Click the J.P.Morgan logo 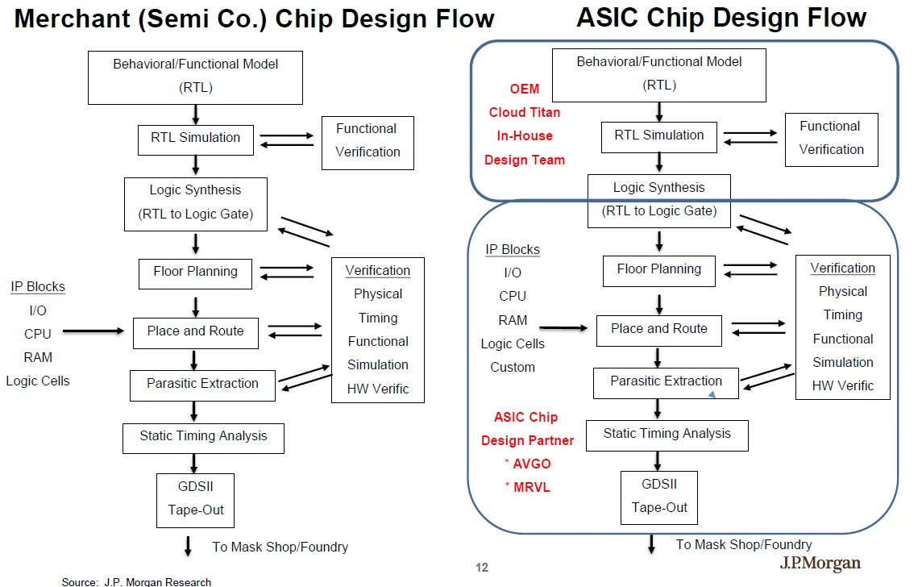click(820, 564)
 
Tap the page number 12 click(482, 568)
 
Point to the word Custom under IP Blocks click(513, 367)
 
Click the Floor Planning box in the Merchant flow click(196, 273)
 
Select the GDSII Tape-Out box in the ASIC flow click(659, 497)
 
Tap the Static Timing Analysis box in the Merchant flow click(203, 437)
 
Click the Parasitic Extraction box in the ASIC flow click(666, 382)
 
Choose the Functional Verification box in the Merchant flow click(368, 141)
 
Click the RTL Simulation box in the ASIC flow click(659, 136)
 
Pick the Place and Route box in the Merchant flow click(195, 331)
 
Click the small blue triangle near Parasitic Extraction click(712, 394)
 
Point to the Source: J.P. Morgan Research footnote click(136, 581)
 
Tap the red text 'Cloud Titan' click(525, 112)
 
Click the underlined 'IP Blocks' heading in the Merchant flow click(38, 287)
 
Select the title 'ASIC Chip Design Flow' click(721, 18)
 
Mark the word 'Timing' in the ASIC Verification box click(843, 315)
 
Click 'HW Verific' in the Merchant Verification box click(378, 389)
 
